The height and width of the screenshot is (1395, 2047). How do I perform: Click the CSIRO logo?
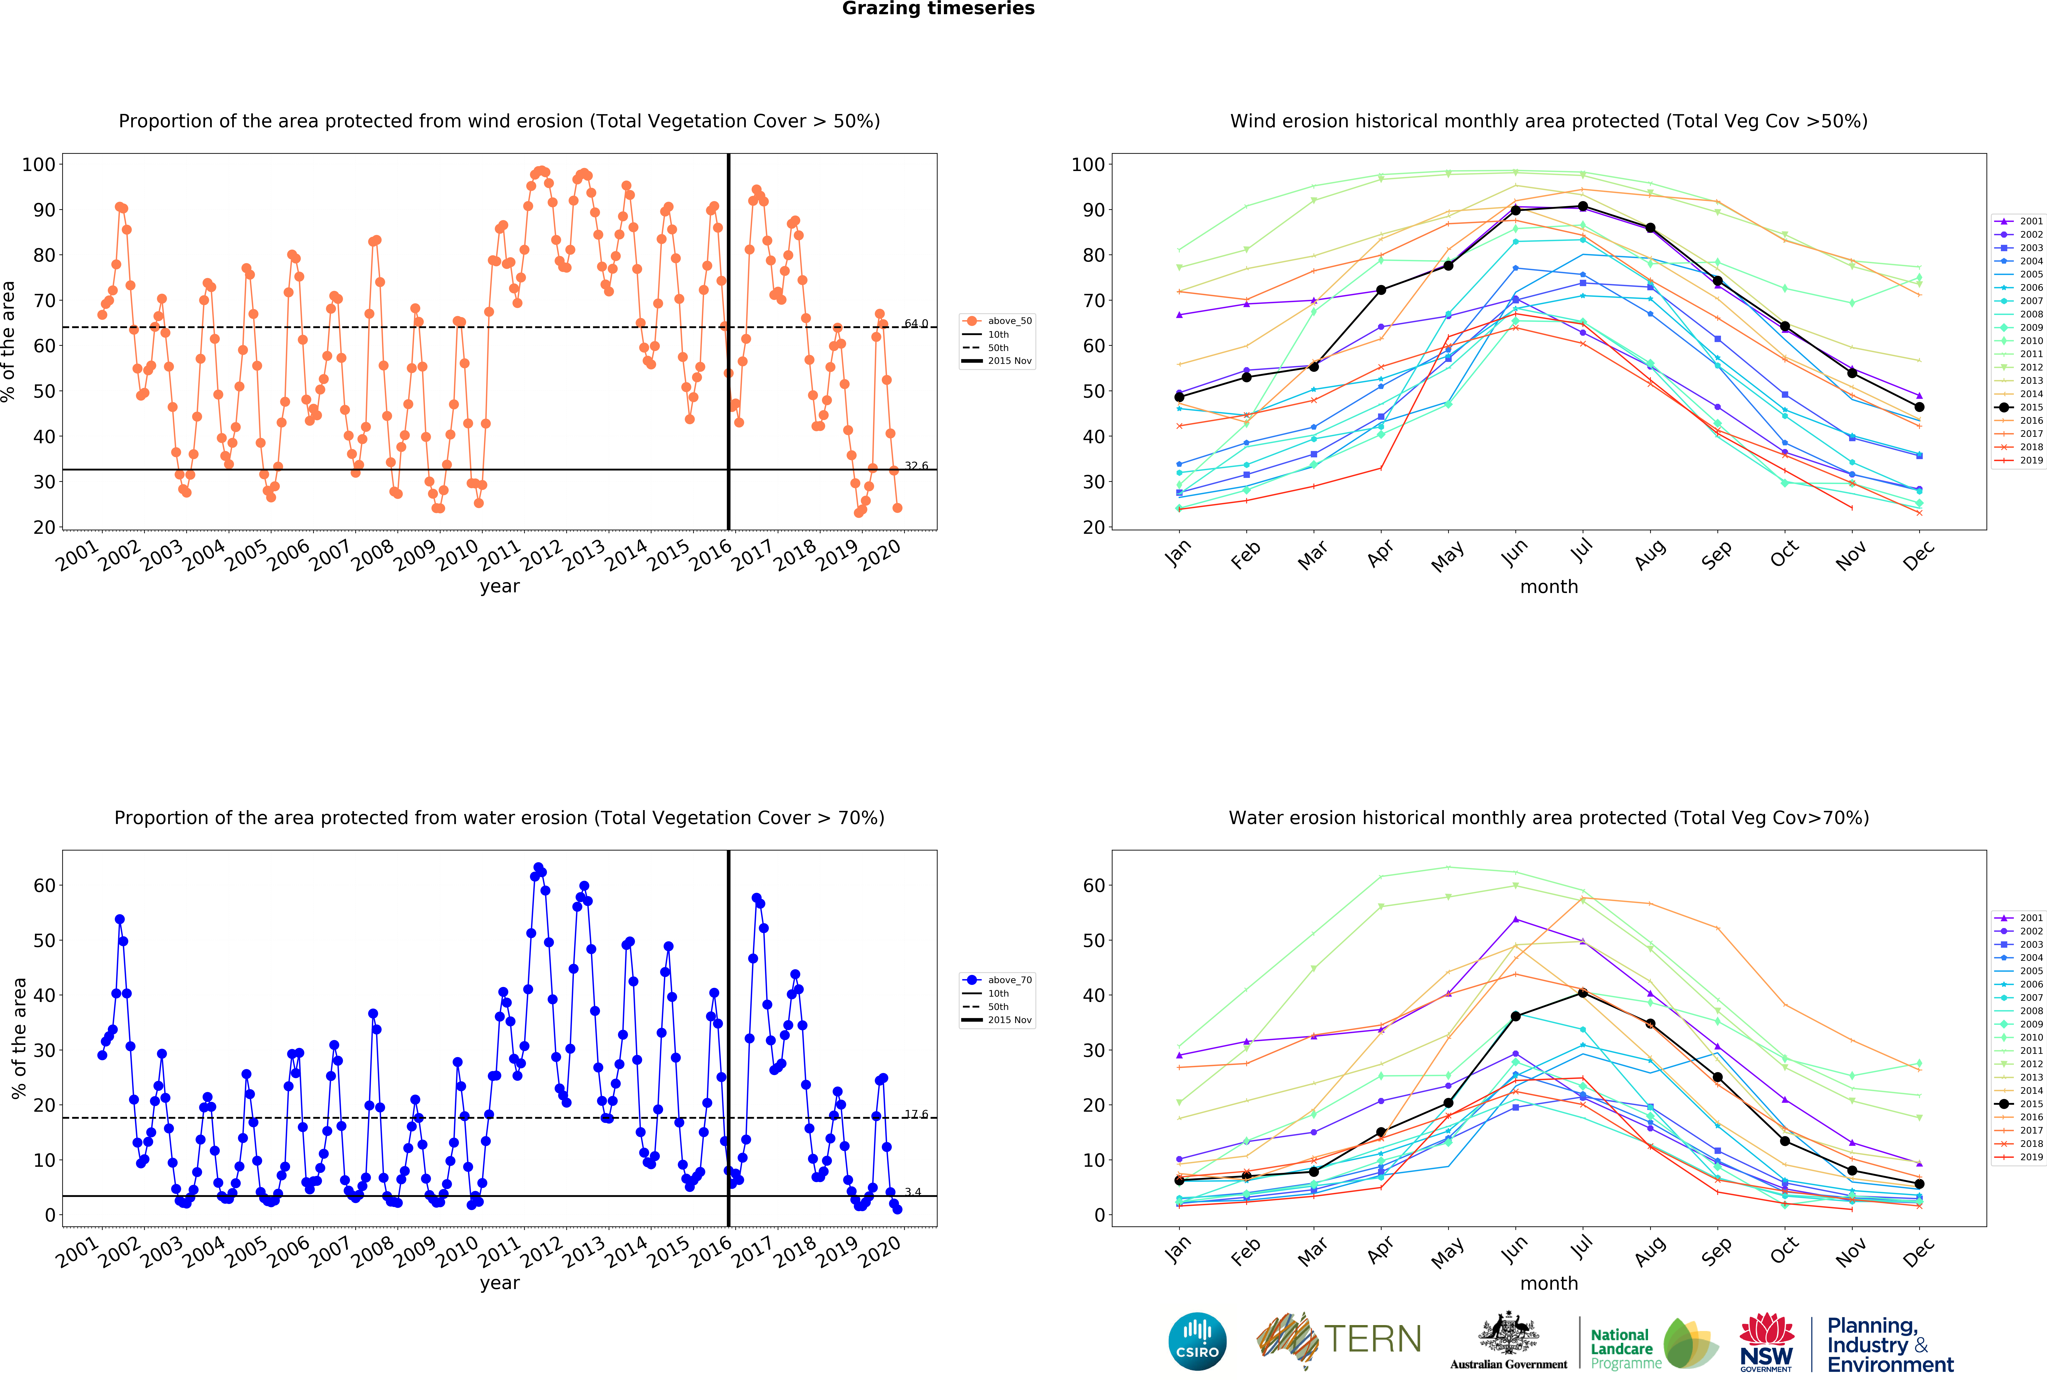pyautogui.click(x=1197, y=1341)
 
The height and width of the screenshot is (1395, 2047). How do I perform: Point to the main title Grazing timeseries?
pyautogui.click(x=938, y=9)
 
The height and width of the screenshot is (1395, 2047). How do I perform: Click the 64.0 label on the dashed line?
pyautogui.click(x=916, y=324)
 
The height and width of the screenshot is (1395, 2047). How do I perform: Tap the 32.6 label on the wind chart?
pyautogui.click(x=916, y=466)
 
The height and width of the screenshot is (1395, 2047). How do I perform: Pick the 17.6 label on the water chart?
pyautogui.click(x=916, y=1115)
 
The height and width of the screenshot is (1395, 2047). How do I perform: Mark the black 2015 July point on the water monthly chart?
pyautogui.click(x=1583, y=992)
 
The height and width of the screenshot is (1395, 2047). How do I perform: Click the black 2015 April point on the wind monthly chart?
pyautogui.click(x=1381, y=290)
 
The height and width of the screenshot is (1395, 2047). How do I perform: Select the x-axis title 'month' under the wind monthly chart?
pyautogui.click(x=1548, y=586)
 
